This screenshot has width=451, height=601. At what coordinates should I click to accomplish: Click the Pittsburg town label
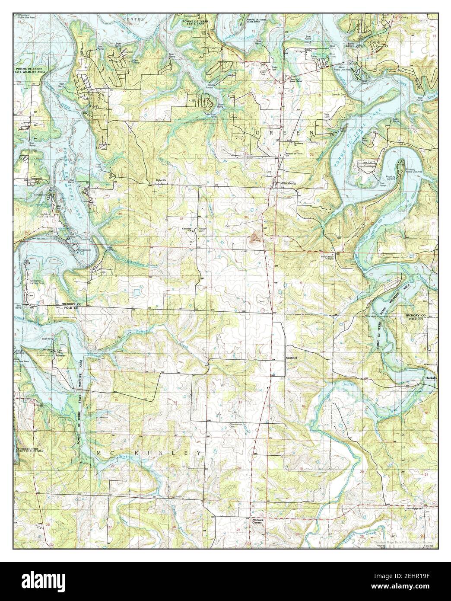pos(289,184)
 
